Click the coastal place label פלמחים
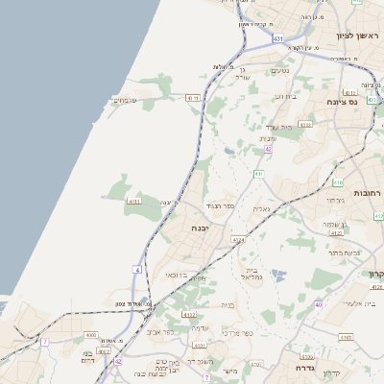125,100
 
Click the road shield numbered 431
277,38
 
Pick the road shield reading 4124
239,239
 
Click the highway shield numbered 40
319,305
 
